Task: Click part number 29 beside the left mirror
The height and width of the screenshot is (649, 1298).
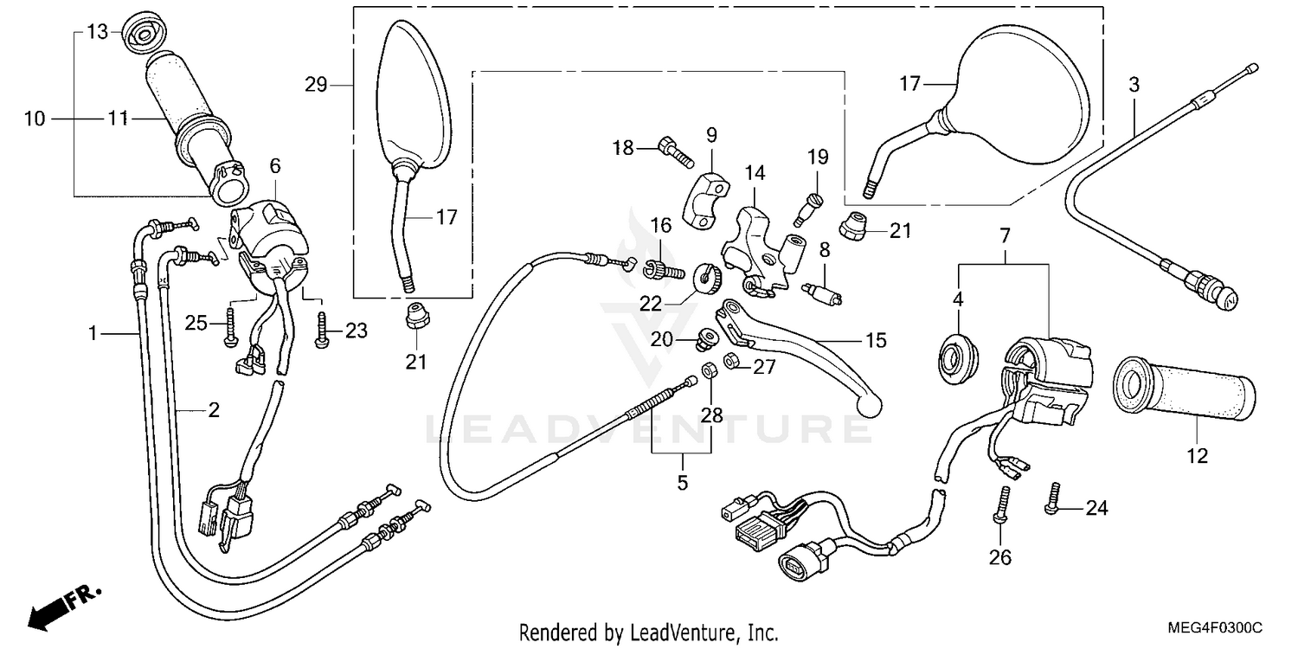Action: [x=315, y=85]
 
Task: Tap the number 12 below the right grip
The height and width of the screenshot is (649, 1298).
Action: [x=1197, y=455]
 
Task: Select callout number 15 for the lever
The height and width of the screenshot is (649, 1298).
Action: [x=876, y=341]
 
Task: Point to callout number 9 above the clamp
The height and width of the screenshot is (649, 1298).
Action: [x=711, y=135]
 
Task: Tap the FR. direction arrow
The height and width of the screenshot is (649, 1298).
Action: [x=61, y=604]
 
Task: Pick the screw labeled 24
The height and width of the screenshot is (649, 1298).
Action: [x=1053, y=500]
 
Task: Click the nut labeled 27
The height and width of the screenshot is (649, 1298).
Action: [x=730, y=360]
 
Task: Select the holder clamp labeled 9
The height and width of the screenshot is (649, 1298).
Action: [x=707, y=198]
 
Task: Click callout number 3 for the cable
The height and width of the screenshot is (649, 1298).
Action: [x=1134, y=86]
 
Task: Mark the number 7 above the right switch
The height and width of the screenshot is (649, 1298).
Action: [x=1005, y=235]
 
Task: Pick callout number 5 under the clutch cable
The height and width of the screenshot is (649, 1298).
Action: [x=683, y=482]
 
